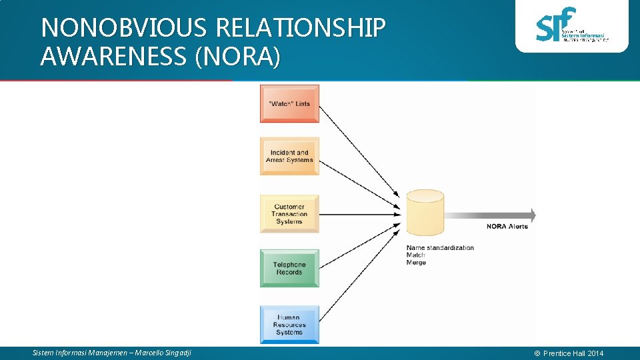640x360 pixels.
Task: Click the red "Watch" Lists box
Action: pyautogui.click(x=289, y=103)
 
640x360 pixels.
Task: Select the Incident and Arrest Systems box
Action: pyautogui.click(x=289, y=157)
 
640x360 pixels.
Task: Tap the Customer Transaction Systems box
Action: pyautogui.click(x=289, y=214)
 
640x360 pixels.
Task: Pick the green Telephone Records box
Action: pyautogui.click(x=289, y=268)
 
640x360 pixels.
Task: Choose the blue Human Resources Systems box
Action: pyautogui.click(x=289, y=325)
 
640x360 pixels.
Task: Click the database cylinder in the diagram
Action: pyautogui.click(x=425, y=213)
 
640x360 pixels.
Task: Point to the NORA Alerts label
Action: pyautogui.click(x=507, y=227)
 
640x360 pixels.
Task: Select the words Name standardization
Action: pyautogui.click(x=440, y=248)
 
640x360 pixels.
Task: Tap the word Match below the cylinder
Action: pyautogui.click(x=415, y=255)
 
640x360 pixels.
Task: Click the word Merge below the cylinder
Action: pyautogui.click(x=416, y=263)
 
